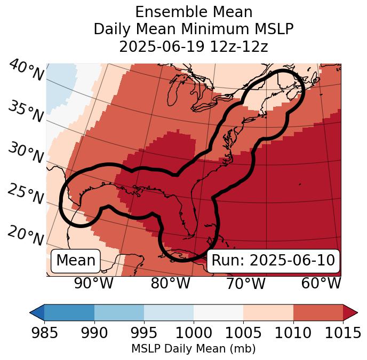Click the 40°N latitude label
(26, 71)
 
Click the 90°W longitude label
(94, 283)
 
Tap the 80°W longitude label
(170, 283)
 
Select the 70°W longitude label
(246, 283)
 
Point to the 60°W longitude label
(321, 283)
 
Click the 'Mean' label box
(76, 261)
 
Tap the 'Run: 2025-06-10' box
(273, 261)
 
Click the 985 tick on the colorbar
(44, 333)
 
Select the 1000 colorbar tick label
(194, 333)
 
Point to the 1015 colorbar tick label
(343, 333)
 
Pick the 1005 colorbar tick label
(243, 333)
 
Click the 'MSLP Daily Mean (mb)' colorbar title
(193, 349)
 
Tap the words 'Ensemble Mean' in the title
(193, 12)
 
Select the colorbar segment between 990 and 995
(119, 312)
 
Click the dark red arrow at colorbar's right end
(350, 312)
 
